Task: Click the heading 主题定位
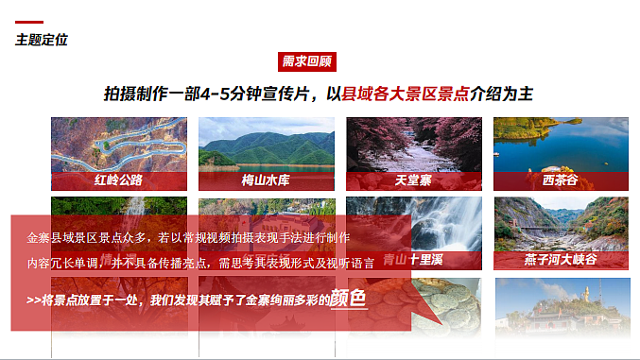tap(42, 40)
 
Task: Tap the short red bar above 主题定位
tap(29, 23)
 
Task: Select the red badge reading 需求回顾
tap(307, 61)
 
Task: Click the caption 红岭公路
tap(118, 180)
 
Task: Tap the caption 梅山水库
tap(266, 180)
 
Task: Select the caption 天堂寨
tap(413, 180)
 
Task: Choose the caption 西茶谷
tap(560, 180)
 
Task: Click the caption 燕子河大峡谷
tap(561, 259)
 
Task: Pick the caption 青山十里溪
tap(414, 259)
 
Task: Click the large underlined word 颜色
tap(348, 299)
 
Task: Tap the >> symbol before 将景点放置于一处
tap(34, 300)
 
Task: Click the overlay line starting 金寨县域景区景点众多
tap(189, 238)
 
